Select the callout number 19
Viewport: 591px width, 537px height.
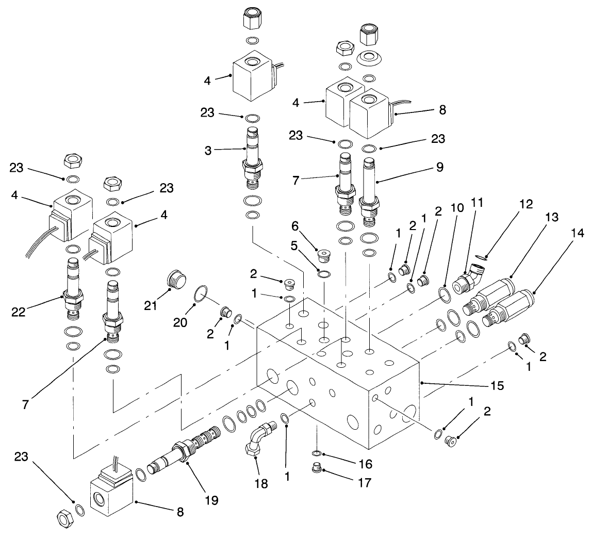(x=210, y=499)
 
